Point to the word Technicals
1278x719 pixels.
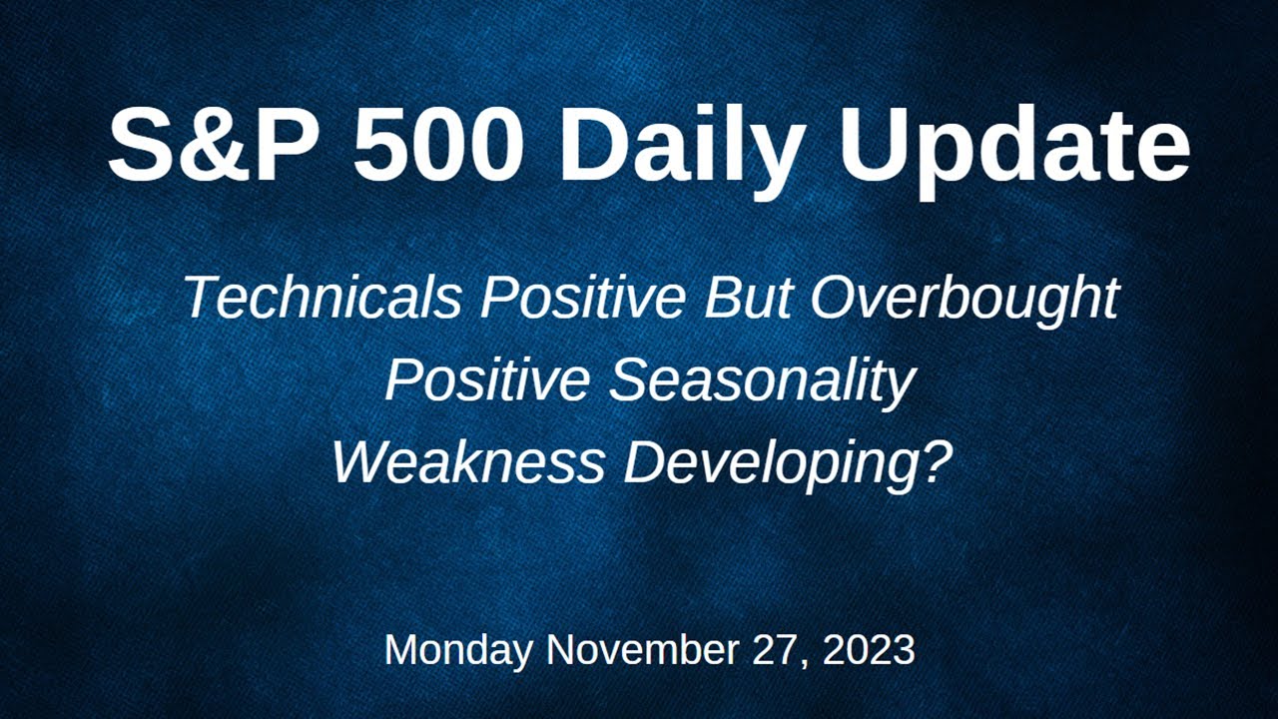tap(322, 298)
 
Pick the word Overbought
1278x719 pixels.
tap(964, 298)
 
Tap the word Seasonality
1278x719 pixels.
tap(762, 380)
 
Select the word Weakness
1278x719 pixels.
tap(467, 462)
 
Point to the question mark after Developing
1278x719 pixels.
tap(930, 461)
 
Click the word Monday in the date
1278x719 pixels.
tap(459, 651)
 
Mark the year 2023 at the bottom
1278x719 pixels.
tap(870, 651)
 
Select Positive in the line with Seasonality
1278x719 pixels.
tap(489, 380)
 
